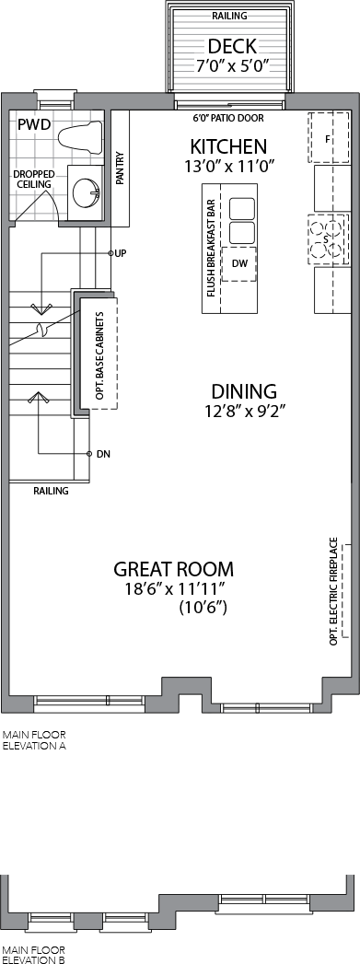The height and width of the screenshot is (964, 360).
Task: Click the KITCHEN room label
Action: point(228,147)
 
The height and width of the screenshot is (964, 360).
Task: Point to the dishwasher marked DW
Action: point(239,263)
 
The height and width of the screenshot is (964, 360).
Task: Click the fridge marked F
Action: point(328,138)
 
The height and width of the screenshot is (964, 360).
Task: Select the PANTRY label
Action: point(120,168)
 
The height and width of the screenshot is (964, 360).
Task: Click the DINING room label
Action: point(244,391)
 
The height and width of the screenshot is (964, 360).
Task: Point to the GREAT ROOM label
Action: point(173,569)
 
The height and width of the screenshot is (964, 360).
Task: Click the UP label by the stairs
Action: point(121,252)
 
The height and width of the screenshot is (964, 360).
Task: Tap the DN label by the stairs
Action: point(103,454)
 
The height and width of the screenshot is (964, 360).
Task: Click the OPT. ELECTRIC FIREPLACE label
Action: point(334,591)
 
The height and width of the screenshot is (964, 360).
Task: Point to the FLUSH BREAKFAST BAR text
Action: point(211,248)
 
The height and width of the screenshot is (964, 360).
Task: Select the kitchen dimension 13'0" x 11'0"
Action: point(228,166)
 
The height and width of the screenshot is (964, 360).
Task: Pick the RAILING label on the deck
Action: point(230,16)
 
